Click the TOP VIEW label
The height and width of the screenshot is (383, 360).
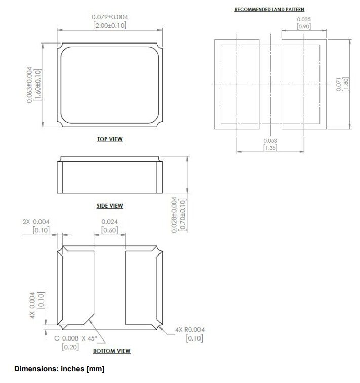pyautogui.click(x=109, y=139)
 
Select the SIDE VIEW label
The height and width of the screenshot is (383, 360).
pyautogui.click(x=109, y=206)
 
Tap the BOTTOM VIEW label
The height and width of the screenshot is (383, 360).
pyautogui.click(x=111, y=351)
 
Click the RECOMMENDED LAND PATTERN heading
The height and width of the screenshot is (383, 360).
pyautogui.click(x=269, y=9)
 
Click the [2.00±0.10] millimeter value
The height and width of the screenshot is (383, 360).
pyautogui.click(x=109, y=25)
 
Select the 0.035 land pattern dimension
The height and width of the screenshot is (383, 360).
pyautogui.click(x=304, y=19)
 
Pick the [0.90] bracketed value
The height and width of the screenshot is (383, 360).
pyautogui.click(x=304, y=27)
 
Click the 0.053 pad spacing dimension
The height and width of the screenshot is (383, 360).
pyautogui.click(x=269, y=140)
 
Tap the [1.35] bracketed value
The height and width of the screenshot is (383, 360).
pyautogui.click(x=269, y=148)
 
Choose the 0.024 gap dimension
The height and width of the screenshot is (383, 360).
pyautogui.click(x=109, y=222)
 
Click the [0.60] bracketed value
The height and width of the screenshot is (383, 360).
pyautogui.click(x=109, y=230)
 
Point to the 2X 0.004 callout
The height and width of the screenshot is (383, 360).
pyautogui.click(x=36, y=222)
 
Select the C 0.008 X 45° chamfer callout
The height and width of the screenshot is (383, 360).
pyautogui.click(x=81, y=339)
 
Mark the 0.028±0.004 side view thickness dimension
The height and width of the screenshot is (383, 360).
pyautogui.click(x=175, y=215)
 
